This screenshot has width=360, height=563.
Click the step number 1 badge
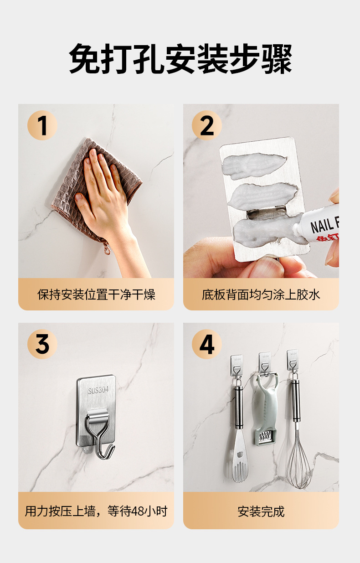pyautogui.click(x=42, y=125)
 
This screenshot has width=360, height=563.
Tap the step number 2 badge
pyautogui.click(x=207, y=125)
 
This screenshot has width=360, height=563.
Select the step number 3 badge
pyautogui.click(x=42, y=344)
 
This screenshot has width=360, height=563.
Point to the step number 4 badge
pyautogui.click(x=207, y=344)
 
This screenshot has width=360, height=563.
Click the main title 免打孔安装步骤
pyautogui.click(x=180, y=58)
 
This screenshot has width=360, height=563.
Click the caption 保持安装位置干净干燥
pyautogui.click(x=96, y=294)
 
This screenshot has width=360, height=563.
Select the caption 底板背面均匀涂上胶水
pyautogui.click(x=261, y=294)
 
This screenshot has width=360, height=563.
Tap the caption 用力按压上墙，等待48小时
pyautogui.click(x=96, y=511)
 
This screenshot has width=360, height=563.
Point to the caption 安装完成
pyautogui.click(x=261, y=511)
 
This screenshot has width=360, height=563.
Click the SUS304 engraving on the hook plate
pyautogui.click(x=98, y=390)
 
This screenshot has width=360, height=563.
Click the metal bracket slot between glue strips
pyautogui.click(x=267, y=212)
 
